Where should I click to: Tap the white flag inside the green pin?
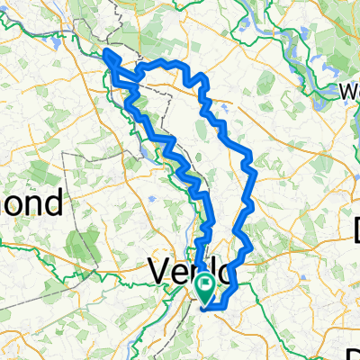pyautogui.click(x=205, y=289)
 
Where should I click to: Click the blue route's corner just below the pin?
pyautogui.click(x=210, y=309)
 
